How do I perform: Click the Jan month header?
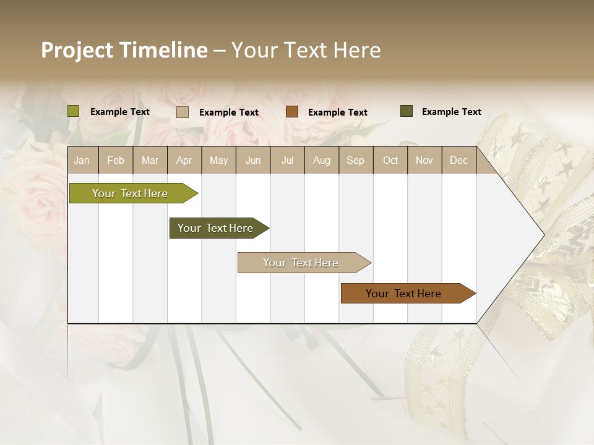82,160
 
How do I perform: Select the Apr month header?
184,160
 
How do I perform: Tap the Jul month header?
287,160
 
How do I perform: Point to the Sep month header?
355,160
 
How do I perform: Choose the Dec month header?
458,160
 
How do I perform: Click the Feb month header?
116,160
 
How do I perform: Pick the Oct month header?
390,160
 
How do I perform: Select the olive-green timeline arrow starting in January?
130,193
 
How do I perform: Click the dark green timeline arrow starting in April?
215,228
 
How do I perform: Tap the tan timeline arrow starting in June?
301,263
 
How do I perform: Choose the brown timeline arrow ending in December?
403,294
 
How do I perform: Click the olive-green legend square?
74,111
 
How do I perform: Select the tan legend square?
183,112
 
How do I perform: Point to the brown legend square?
292,112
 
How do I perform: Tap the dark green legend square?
407,111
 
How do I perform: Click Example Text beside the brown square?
338,112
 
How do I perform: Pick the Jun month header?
253,160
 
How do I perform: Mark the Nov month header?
424,160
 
